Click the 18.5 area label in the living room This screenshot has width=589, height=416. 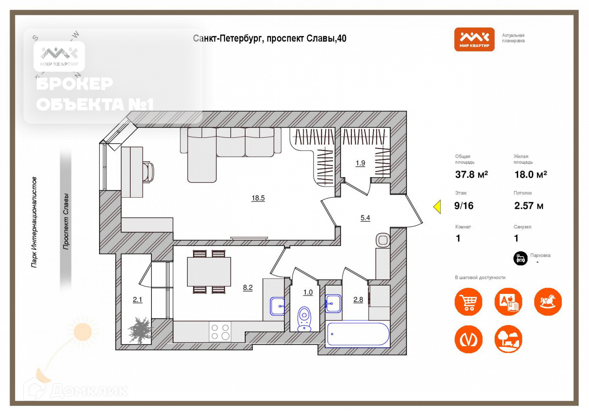(258, 198)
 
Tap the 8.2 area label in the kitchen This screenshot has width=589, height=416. (247, 287)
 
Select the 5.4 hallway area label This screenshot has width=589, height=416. (365, 218)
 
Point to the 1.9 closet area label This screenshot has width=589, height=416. (360, 163)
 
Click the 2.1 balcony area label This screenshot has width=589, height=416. (137, 299)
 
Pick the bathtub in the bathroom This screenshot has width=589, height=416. (358, 334)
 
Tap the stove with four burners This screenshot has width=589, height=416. (220, 332)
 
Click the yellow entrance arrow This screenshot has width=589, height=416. (437, 207)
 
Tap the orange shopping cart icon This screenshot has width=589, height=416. (468, 302)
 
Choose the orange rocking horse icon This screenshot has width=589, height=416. (548, 302)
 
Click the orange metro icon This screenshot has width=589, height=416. (468, 339)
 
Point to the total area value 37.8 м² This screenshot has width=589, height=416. (471, 174)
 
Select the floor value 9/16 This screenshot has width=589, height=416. (464, 206)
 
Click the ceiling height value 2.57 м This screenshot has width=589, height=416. (528, 206)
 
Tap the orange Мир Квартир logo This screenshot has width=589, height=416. (474, 39)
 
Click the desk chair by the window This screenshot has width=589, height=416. (148, 172)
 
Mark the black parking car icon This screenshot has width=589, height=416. (520, 258)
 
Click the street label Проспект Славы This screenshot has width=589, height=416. (66, 221)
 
